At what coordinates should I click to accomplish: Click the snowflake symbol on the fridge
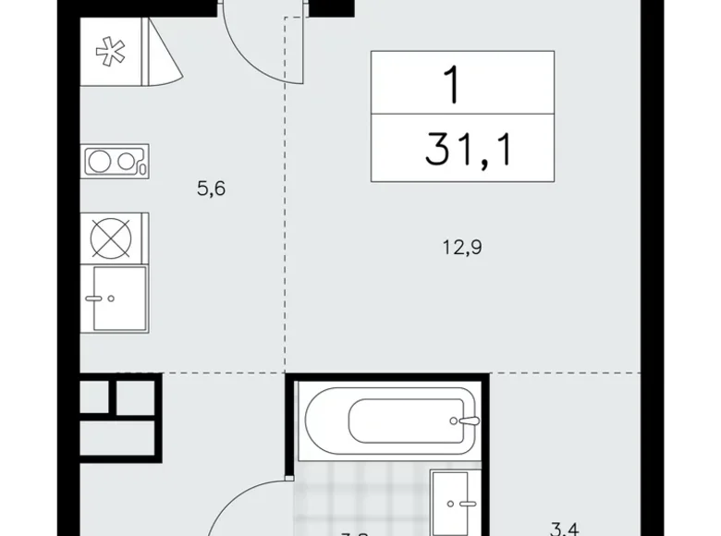tap(110, 54)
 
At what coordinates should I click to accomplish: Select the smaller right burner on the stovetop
tap(127, 162)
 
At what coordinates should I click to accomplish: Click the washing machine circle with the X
tap(110, 236)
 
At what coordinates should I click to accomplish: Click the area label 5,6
tap(212, 190)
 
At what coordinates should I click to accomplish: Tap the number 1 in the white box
tap(453, 85)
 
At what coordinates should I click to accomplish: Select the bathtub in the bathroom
tap(388, 421)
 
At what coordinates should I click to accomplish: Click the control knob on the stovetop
tap(141, 168)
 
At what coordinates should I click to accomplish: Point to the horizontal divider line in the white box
tap(462, 116)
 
